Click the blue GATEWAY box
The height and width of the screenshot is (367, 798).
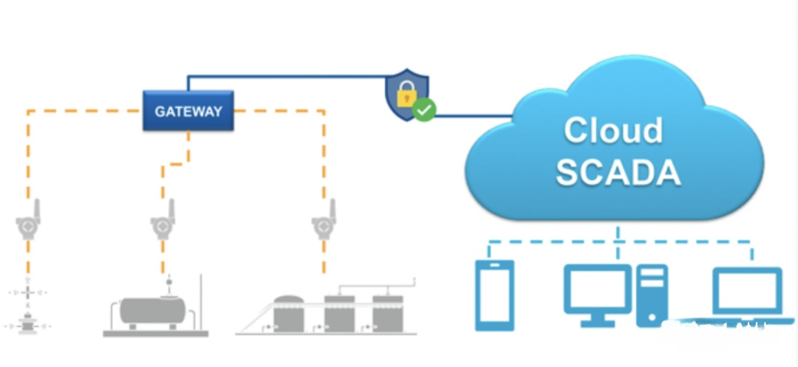coord(188,112)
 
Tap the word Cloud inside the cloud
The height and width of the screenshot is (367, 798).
coord(613,130)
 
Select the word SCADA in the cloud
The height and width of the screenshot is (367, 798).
coord(618,172)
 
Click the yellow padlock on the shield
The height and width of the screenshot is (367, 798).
coord(404,95)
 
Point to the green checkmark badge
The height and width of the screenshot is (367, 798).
coord(424,111)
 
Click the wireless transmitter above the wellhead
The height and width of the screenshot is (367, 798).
coord(28,222)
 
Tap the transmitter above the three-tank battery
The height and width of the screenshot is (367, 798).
coord(323,221)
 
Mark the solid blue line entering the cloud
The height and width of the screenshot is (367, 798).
coord(473,116)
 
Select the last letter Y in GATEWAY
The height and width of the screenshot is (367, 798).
coord(216,112)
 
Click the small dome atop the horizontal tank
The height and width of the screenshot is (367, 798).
coord(169,292)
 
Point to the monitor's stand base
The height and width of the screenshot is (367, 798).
coord(598,323)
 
